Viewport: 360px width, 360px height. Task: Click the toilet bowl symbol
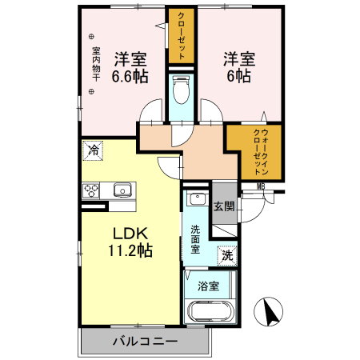(181, 90)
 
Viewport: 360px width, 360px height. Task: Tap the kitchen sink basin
(122, 190)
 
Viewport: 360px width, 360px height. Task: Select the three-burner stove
(90, 190)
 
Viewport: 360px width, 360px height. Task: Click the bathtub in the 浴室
(210, 311)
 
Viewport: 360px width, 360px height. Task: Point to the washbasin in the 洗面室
(197, 198)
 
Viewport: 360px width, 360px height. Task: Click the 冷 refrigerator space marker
(93, 150)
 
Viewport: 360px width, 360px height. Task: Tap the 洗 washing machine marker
(227, 256)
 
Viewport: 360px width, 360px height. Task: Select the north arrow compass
(268, 311)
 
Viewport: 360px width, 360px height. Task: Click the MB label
(261, 187)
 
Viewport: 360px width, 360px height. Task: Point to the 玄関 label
(224, 206)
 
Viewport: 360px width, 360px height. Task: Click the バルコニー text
(145, 341)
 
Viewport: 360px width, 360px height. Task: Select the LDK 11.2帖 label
(130, 242)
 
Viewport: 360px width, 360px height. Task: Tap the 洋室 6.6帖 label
(130, 67)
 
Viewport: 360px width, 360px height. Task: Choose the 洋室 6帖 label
(239, 67)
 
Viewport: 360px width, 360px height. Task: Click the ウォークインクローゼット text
(261, 152)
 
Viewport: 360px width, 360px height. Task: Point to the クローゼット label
(181, 36)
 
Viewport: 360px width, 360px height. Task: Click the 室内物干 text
(96, 64)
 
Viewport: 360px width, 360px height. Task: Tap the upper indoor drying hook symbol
(91, 37)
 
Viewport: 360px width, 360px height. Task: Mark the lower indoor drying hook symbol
(91, 91)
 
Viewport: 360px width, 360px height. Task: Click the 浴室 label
(208, 286)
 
